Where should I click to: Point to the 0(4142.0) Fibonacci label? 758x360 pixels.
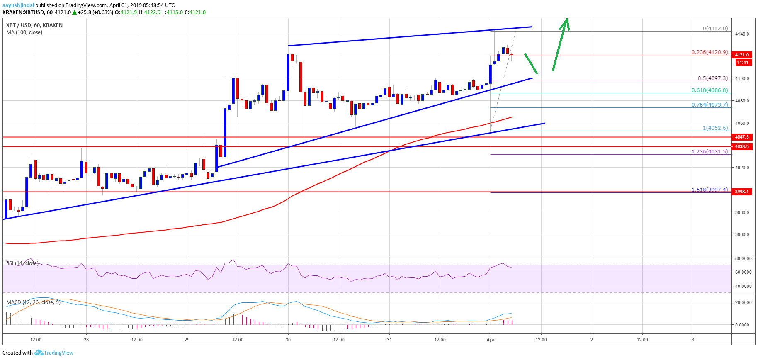point(715,29)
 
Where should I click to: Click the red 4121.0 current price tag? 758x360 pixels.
point(742,55)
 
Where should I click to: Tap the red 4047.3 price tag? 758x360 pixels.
point(742,137)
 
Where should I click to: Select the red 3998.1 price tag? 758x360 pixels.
point(742,192)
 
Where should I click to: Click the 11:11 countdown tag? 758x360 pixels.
point(743,62)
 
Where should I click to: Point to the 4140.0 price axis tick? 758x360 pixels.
point(742,34)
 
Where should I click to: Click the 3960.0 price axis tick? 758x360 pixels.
point(742,234)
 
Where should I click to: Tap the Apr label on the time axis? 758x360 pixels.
point(491,340)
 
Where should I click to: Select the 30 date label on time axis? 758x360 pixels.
point(288,340)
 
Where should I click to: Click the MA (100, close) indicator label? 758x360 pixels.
point(24,32)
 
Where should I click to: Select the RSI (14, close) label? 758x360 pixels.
point(22,263)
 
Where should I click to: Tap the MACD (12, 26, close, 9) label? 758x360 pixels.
point(33,302)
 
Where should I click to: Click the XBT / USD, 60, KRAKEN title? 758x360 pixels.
point(34,25)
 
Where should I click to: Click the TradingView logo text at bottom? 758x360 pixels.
point(58,353)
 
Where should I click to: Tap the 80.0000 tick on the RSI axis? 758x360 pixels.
point(743,258)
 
